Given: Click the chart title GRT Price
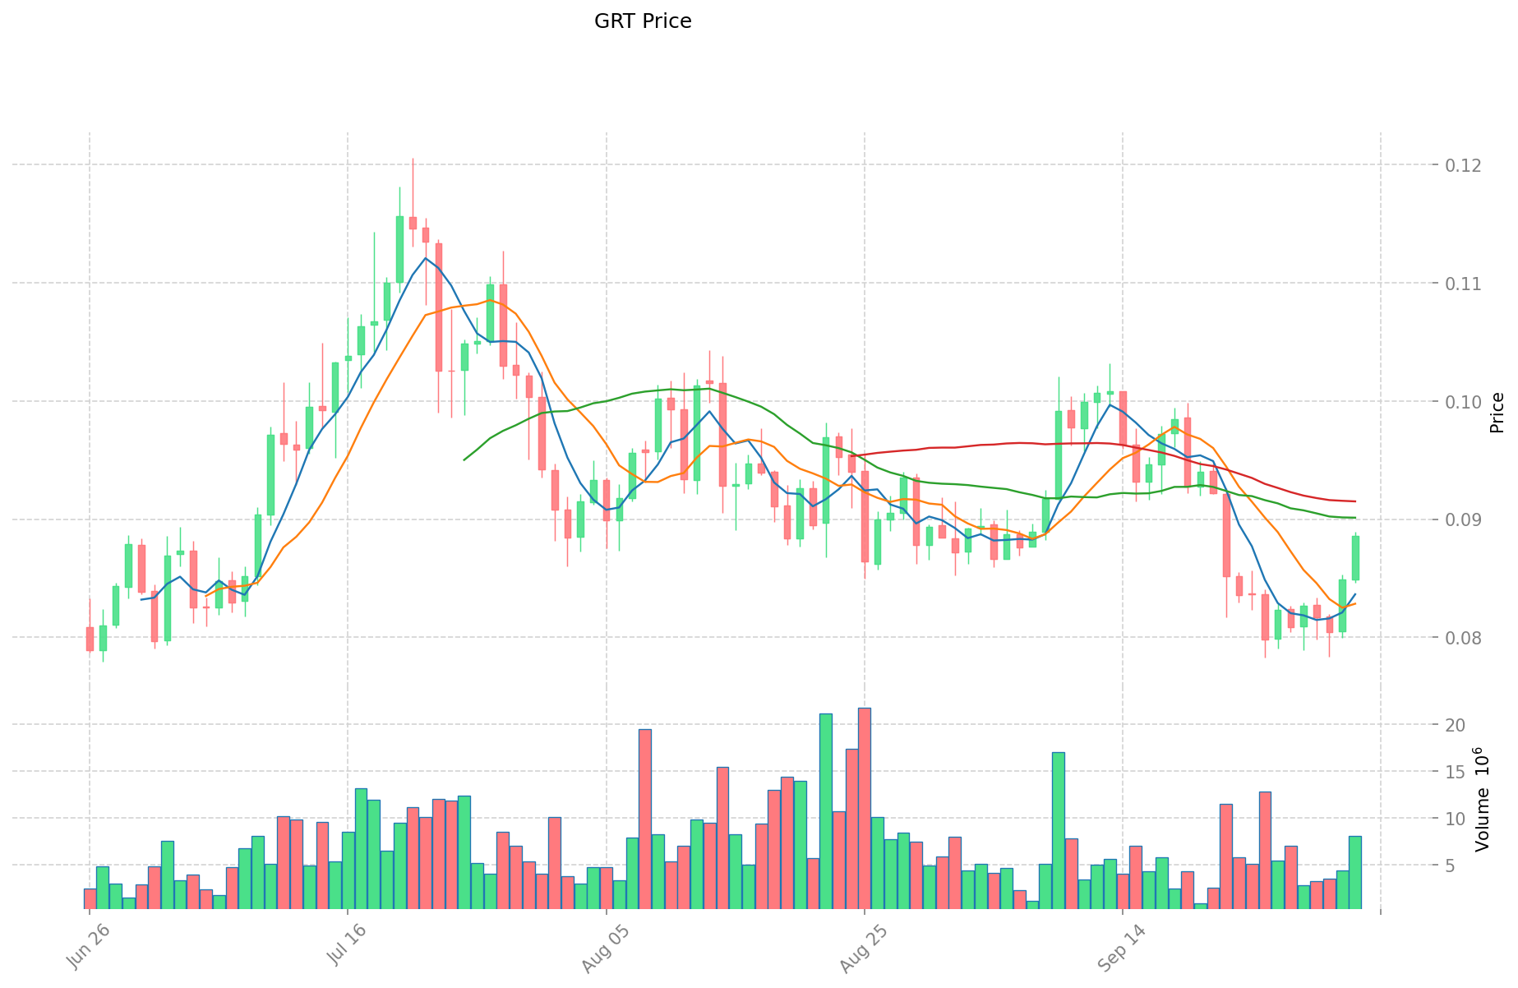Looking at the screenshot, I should [643, 21].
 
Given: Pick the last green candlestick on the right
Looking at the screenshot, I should [1355, 558].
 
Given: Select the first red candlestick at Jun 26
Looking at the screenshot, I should [90, 639].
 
